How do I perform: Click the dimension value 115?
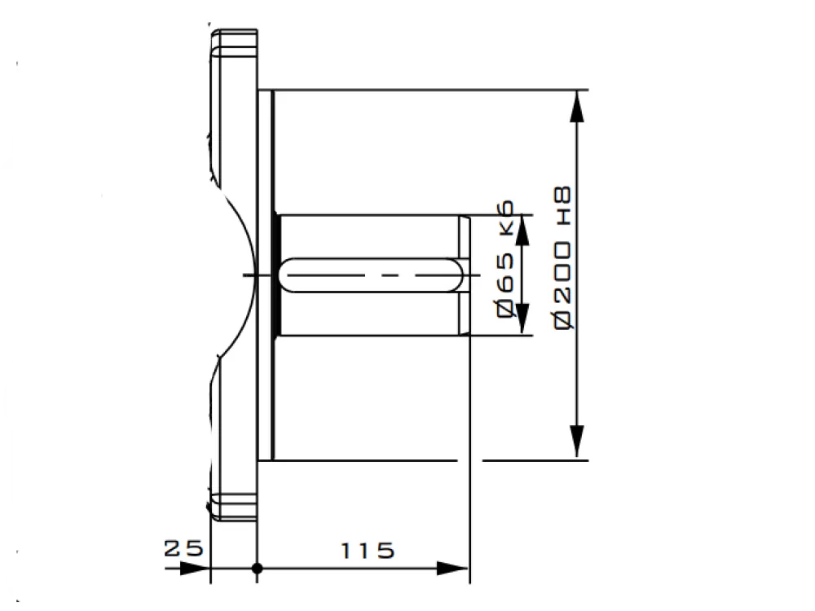tap(368, 551)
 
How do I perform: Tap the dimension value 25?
tap(183, 548)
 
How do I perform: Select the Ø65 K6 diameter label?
tap(506, 259)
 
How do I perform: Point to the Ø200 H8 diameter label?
tap(562, 257)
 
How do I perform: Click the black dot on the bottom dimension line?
tap(257, 569)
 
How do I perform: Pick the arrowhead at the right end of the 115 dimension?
tap(452, 569)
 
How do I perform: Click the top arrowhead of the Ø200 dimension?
tap(577, 107)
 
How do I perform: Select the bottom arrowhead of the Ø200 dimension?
tap(577, 442)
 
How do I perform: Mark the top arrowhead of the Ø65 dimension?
tap(523, 230)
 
